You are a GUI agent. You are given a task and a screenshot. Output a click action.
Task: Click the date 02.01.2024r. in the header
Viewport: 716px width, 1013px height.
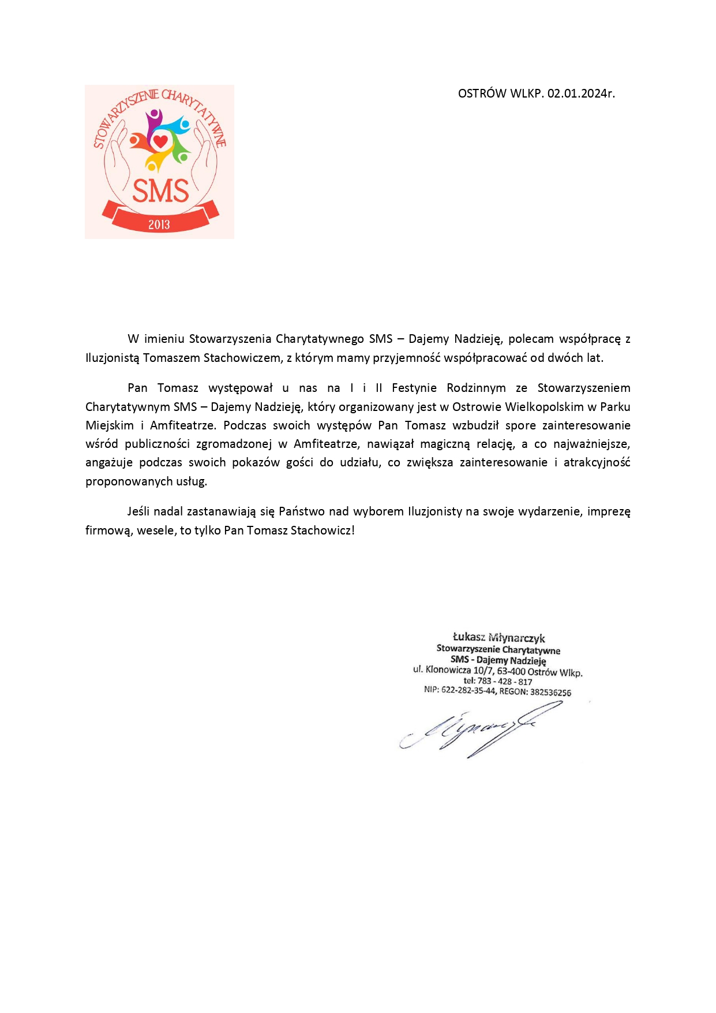[x=581, y=94]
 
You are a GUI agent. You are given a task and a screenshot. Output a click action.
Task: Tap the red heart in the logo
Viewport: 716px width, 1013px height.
[x=160, y=140]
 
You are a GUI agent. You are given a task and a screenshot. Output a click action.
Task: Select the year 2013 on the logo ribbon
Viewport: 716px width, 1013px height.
[x=159, y=225]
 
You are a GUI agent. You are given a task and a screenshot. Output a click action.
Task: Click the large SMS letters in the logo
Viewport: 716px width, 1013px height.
[x=160, y=191]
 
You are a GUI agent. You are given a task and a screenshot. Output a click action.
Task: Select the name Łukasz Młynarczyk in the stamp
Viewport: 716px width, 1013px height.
[x=498, y=638]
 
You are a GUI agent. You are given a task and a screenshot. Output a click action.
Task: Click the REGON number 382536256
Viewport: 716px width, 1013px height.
[x=550, y=692]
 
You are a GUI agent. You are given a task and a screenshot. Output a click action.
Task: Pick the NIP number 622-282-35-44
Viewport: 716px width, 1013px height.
[x=468, y=690]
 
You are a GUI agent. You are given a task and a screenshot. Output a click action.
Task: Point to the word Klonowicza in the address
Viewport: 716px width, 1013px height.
[x=448, y=670]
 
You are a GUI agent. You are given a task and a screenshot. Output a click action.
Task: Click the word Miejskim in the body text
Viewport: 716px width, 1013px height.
[x=110, y=425]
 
